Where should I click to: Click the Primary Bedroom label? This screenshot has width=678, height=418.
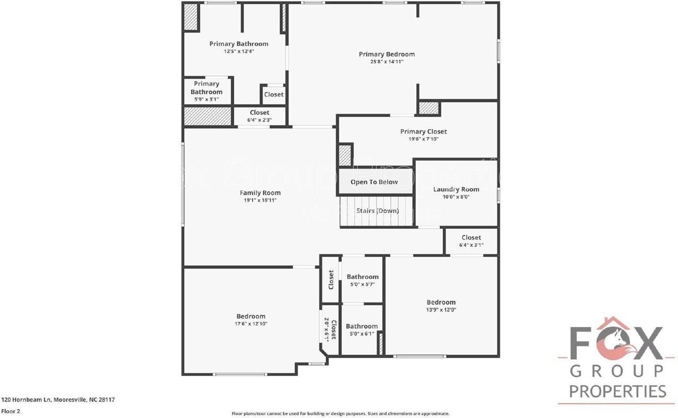coord(387,54)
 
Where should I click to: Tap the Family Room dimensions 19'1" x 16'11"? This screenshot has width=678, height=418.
coord(260,200)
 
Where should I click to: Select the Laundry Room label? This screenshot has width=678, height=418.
coord(456,189)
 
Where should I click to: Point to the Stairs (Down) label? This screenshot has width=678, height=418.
coord(377,211)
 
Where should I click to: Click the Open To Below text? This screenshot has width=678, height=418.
coord(374,182)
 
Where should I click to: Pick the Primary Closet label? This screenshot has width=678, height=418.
coord(423,131)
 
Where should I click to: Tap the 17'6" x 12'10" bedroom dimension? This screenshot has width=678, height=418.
coord(251,324)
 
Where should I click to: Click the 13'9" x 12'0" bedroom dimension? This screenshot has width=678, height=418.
coord(441,310)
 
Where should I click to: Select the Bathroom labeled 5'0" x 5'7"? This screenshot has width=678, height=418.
coord(362,277)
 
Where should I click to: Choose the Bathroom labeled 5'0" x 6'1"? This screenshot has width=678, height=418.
coord(362,326)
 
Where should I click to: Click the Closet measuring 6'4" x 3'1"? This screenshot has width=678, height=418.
coord(471,237)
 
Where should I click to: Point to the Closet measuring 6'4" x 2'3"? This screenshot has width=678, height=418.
coord(260,112)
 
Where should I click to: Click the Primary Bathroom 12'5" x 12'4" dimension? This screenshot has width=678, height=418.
coord(239,51)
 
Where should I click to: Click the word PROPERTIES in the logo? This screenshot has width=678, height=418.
coord(618,392)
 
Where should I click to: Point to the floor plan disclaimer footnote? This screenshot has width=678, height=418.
coord(341,413)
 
